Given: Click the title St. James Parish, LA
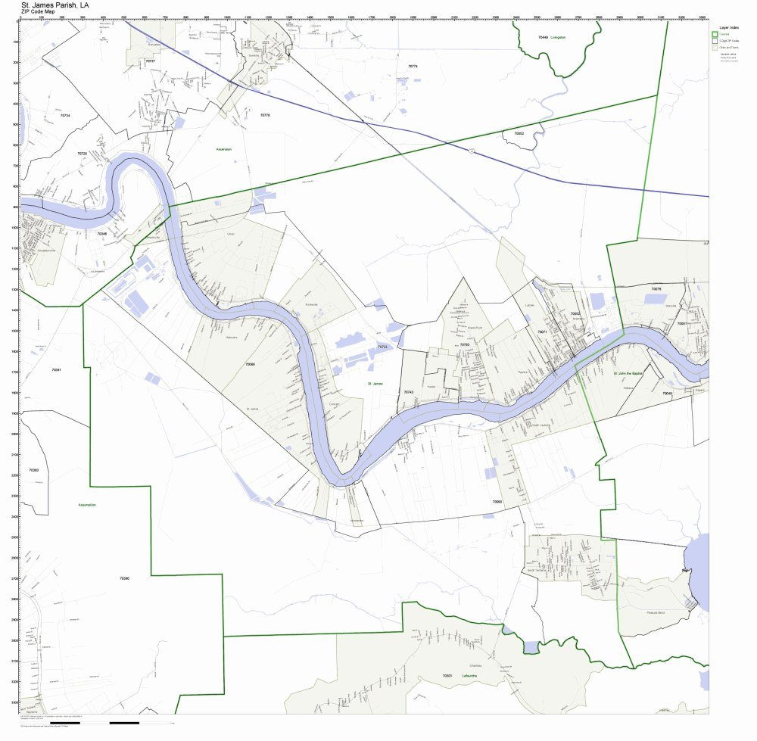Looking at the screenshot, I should click(61, 5).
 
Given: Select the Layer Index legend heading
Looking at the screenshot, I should click(728, 26).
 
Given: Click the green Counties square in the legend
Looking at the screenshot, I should click(714, 34).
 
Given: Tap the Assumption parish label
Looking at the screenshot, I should click(88, 505).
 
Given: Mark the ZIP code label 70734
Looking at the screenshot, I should click(64, 115).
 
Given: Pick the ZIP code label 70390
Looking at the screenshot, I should click(124, 578).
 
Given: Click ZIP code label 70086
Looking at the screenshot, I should click(250, 364).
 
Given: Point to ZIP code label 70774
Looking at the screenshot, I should click(413, 67).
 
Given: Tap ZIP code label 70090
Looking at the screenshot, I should click(497, 501).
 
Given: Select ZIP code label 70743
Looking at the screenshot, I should click(409, 392).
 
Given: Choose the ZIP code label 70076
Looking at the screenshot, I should click(656, 289).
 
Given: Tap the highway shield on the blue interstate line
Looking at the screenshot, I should click(471, 151).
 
